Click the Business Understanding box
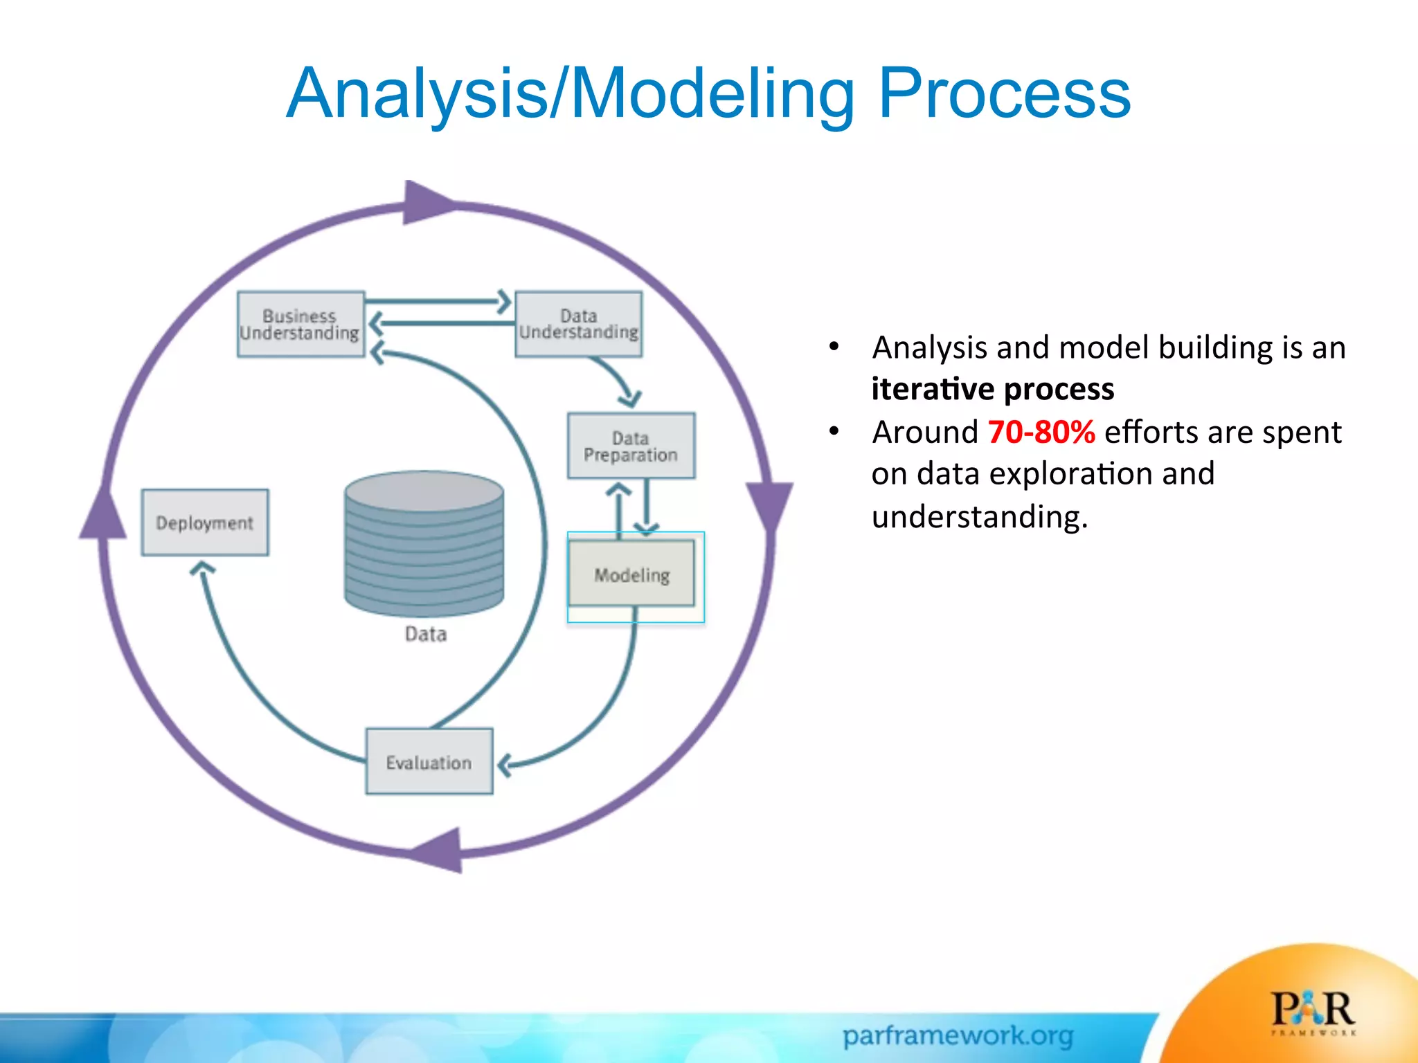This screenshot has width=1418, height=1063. (300, 324)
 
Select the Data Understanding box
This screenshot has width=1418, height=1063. (578, 324)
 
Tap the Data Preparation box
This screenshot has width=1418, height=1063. (631, 446)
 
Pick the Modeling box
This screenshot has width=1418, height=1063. (631, 574)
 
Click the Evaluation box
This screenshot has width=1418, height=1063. (429, 761)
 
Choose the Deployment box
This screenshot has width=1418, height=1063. (205, 523)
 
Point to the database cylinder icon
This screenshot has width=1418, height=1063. (424, 543)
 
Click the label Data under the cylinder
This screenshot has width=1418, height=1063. (425, 634)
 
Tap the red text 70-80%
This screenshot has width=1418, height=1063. (1041, 432)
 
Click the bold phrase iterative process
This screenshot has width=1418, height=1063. (992, 389)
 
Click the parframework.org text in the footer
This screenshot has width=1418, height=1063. (958, 1036)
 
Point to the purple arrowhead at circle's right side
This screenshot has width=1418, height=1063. (769, 505)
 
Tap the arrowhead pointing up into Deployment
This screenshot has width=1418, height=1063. (202, 569)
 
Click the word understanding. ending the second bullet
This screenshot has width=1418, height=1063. (979, 517)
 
